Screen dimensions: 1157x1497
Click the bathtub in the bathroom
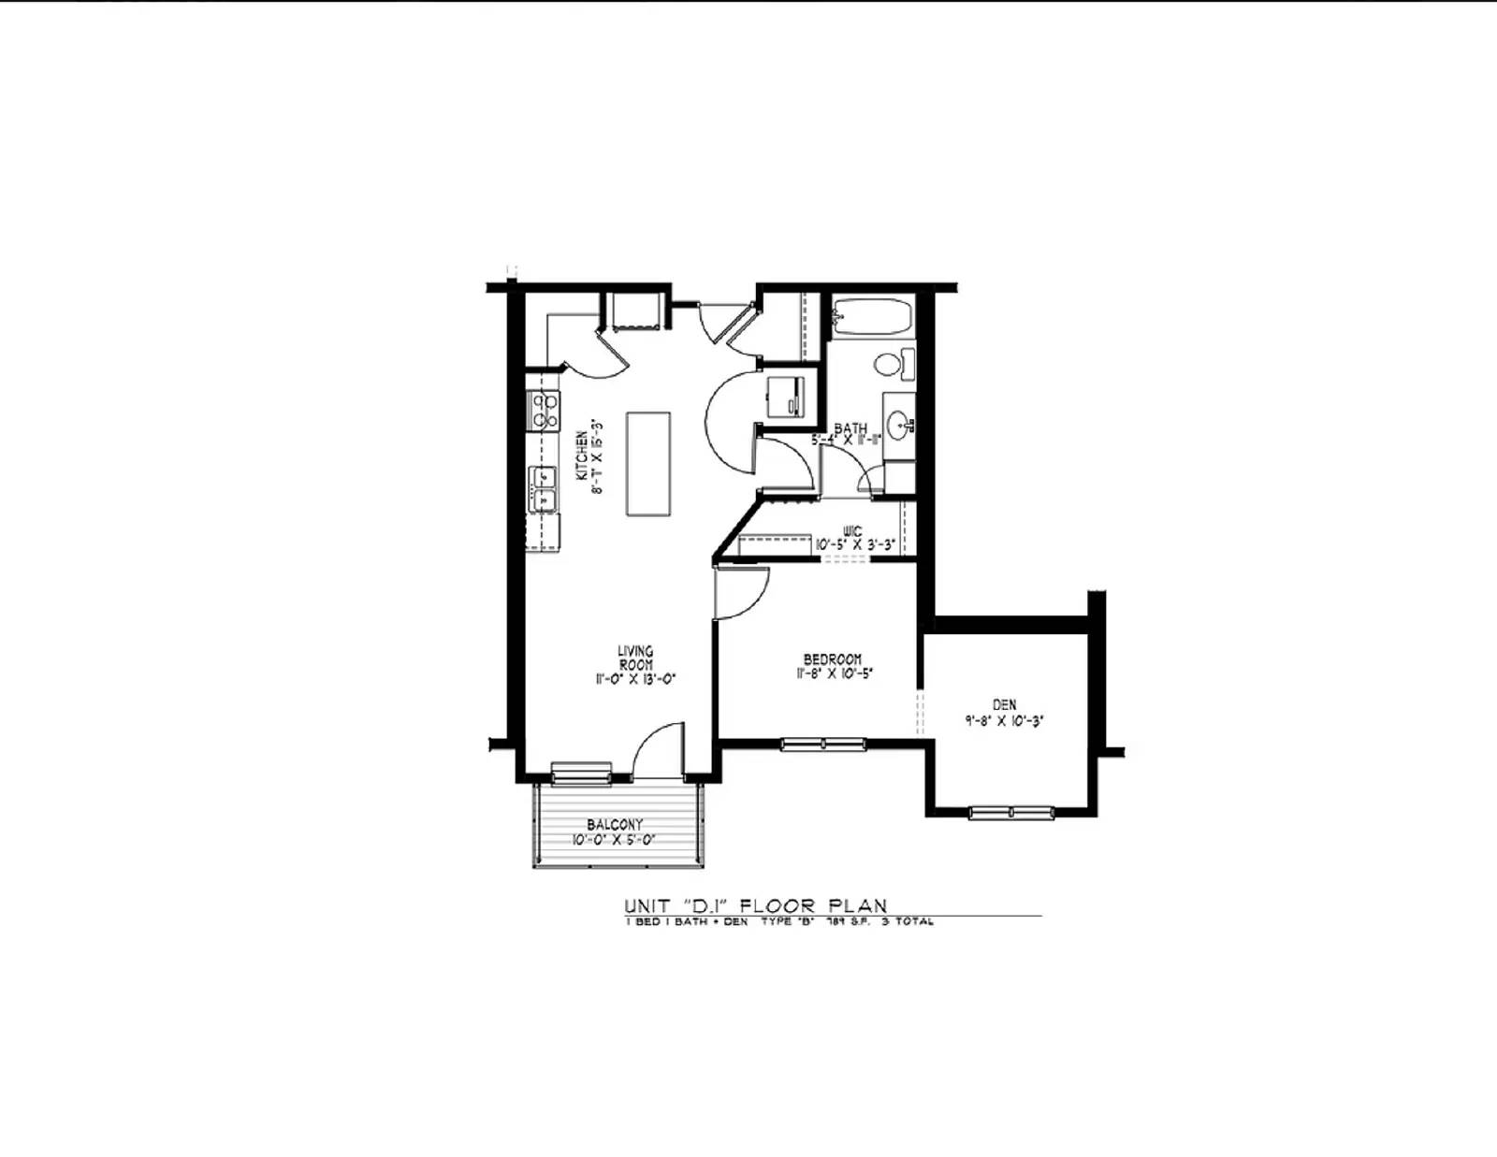pyautogui.click(x=871, y=317)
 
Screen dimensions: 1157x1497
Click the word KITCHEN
pyautogui.click(x=581, y=456)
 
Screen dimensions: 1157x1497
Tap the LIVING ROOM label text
pyautogui.click(x=635, y=658)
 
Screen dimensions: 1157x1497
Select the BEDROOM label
pyautogui.click(x=832, y=659)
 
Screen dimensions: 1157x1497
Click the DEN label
pyautogui.click(x=1004, y=704)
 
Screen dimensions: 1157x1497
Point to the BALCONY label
pyautogui.click(x=615, y=824)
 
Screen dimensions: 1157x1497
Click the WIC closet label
pyautogui.click(x=851, y=531)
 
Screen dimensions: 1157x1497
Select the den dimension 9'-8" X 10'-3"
pyautogui.click(x=1004, y=721)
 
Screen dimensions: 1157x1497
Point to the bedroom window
pyautogui.click(x=822, y=745)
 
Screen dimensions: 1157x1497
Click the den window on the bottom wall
pyautogui.click(x=1010, y=812)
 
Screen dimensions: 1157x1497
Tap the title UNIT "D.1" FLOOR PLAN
pyautogui.click(x=756, y=905)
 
